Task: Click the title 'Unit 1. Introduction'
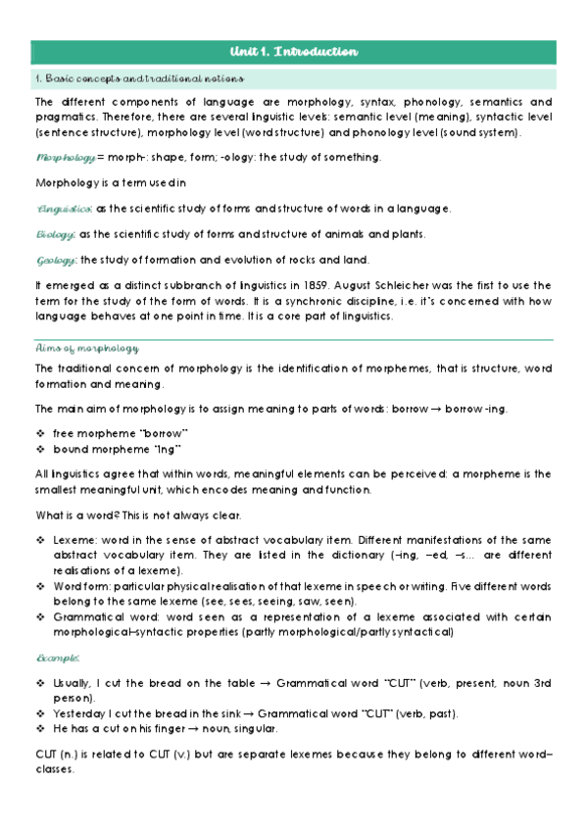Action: point(293,51)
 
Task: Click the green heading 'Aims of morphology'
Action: point(86,348)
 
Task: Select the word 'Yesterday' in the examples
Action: point(79,713)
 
